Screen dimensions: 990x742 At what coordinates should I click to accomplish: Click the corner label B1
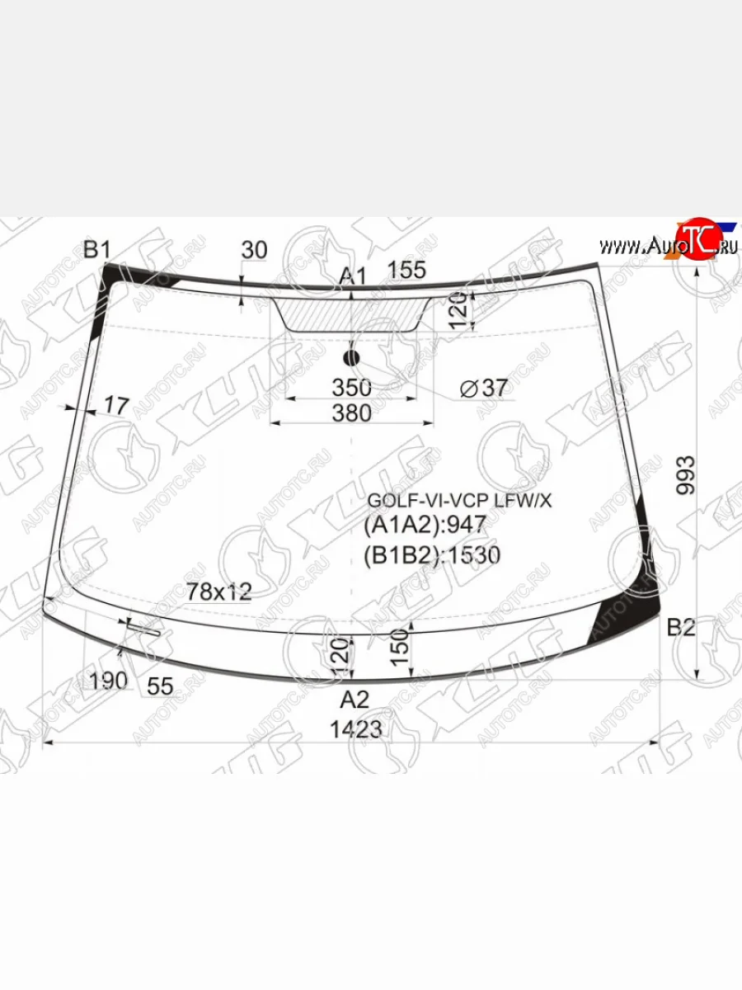tap(96, 249)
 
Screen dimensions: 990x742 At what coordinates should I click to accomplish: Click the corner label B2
tap(681, 628)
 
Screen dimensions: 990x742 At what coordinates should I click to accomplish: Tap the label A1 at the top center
tap(353, 276)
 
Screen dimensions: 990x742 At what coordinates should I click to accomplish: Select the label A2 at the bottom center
tap(355, 700)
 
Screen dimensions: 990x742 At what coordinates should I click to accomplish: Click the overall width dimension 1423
tap(355, 729)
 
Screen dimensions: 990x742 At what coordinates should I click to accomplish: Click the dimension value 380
tap(352, 412)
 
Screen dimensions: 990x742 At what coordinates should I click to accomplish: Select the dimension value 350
tap(352, 387)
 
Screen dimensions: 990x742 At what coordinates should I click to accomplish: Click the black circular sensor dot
tap(352, 357)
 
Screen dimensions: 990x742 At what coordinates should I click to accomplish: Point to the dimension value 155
tap(406, 270)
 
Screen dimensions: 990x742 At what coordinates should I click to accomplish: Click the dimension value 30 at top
tap(255, 250)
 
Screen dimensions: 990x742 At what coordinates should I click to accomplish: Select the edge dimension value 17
tap(116, 405)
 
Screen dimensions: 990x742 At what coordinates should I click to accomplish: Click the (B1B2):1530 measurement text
tap(432, 555)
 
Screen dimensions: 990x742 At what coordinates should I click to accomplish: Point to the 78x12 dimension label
tap(218, 591)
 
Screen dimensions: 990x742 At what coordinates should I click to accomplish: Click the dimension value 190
tap(109, 681)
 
